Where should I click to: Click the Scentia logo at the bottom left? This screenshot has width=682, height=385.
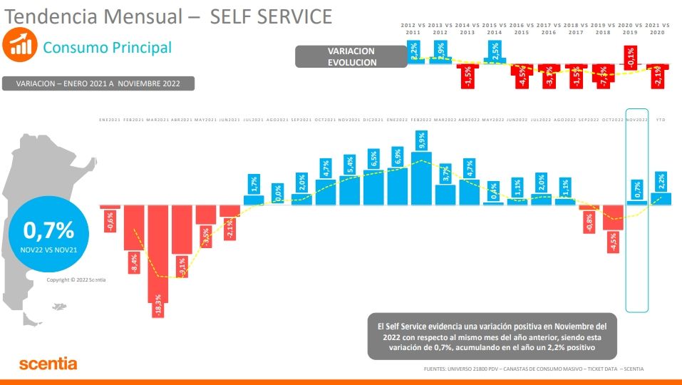point(48,364)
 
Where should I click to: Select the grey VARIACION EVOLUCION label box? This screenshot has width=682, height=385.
point(351,57)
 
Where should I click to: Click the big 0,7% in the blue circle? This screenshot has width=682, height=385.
point(48,230)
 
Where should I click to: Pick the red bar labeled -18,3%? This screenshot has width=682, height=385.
point(157,253)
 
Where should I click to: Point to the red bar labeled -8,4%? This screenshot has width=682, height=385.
point(134,228)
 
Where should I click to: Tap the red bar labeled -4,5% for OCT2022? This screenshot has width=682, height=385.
point(614,218)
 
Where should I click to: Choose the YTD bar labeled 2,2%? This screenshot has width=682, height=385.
point(661,198)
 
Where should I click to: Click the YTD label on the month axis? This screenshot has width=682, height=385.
point(661,120)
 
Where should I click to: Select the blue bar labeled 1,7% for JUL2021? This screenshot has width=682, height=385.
point(254,199)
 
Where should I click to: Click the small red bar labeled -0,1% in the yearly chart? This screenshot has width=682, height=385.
point(630,64)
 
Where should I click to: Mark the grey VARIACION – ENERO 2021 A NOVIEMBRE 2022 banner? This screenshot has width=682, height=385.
point(98,83)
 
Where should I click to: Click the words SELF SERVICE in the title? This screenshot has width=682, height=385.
point(272,16)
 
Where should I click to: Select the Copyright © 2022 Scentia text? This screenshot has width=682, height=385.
point(76,279)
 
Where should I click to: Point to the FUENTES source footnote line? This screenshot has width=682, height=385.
point(534,369)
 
